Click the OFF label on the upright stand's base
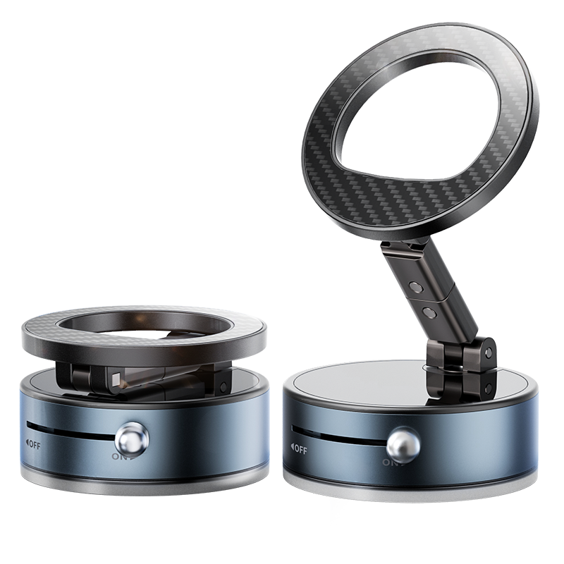click(298, 448)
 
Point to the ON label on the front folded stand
click(119, 456)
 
